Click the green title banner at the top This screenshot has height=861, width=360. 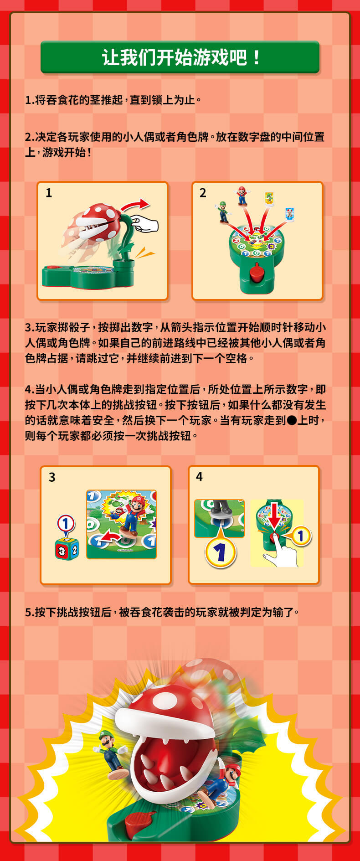[180, 57]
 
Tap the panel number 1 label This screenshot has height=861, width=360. [49, 193]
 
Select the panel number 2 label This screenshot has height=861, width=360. [203, 193]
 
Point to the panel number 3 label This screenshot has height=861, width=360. [52, 477]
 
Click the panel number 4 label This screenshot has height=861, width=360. [199, 477]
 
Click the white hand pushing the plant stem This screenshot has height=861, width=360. [144, 224]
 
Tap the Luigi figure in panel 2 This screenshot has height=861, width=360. [222, 212]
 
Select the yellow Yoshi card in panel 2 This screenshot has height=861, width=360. [269, 199]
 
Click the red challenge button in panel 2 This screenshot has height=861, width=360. [256, 273]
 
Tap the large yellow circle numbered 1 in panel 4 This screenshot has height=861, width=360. [221, 552]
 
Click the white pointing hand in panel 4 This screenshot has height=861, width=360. [280, 553]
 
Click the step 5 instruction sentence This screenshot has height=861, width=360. [162, 612]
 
